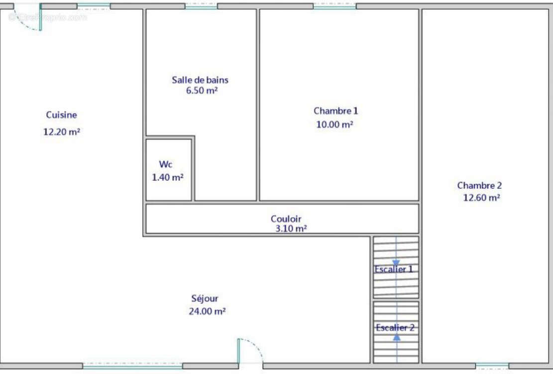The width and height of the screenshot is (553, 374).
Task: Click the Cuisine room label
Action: point(61,115)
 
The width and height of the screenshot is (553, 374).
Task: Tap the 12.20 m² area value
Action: point(62,131)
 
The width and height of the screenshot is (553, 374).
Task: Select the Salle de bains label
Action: point(200,80)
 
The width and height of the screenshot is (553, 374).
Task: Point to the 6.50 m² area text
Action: point(202,90)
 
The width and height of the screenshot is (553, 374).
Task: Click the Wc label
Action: point(165,164)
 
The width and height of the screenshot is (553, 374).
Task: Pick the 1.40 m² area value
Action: point(168,177)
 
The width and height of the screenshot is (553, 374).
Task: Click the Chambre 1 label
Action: point(336,111)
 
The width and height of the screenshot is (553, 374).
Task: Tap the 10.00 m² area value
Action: point(334,124)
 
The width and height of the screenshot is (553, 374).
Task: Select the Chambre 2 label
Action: point(479,185)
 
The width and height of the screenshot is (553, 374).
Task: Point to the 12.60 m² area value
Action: point(481,198)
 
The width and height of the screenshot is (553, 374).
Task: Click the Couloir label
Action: point(286,219)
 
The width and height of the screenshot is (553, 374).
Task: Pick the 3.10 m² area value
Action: point(291,229)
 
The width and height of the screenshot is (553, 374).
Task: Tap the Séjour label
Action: point(205,298)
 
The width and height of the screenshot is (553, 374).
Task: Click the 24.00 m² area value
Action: point(207,311)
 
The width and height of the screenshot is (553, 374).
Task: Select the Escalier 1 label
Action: point(394,269)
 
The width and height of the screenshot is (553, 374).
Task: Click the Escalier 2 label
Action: point(395,328)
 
